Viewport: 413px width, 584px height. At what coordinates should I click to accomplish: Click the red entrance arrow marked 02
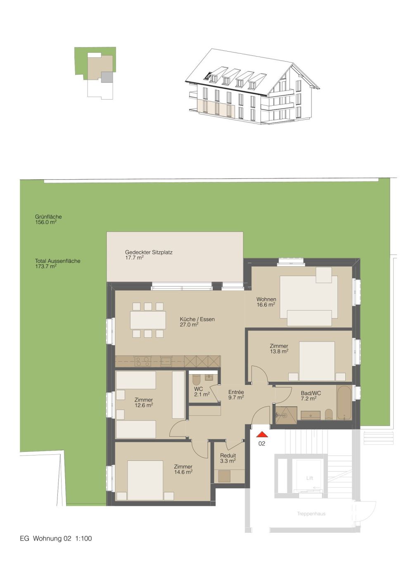262,434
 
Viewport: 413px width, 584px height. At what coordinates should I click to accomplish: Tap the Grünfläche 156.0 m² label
48,219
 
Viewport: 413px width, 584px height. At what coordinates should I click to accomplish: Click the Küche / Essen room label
197,322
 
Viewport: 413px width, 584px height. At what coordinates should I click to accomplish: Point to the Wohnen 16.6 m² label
266,302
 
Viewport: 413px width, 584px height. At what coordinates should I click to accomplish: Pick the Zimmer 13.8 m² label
279,349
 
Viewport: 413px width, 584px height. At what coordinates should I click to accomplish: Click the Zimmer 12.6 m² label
143,403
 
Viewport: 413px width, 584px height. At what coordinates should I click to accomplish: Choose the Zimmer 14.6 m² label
183,469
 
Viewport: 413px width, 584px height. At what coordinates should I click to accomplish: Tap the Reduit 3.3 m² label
228,458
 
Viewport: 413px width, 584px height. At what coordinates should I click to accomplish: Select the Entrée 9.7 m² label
236,395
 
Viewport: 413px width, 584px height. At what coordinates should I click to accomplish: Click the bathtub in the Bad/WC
344,403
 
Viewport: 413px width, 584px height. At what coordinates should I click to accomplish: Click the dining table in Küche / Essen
148,320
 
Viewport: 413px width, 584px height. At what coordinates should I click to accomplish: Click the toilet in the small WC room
196,379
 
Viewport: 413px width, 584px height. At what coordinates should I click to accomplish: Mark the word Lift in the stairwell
310,478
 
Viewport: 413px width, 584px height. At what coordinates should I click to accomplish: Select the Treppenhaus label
311,514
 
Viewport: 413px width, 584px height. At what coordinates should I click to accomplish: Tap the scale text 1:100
83,539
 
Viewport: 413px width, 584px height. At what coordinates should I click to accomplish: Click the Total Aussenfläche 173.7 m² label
57,264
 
